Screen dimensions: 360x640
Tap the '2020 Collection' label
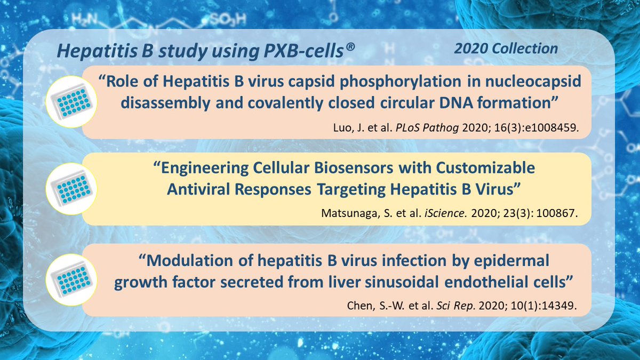point(506,49)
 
